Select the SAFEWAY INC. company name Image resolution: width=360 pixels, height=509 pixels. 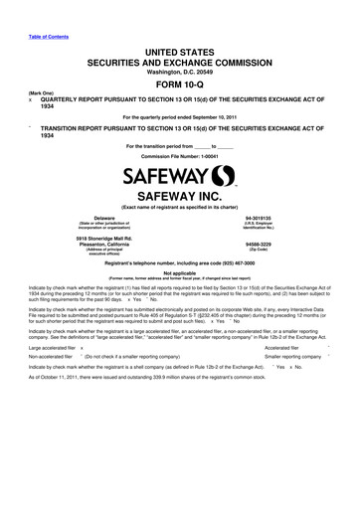180,198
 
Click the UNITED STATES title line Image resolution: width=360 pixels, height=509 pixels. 180,49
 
